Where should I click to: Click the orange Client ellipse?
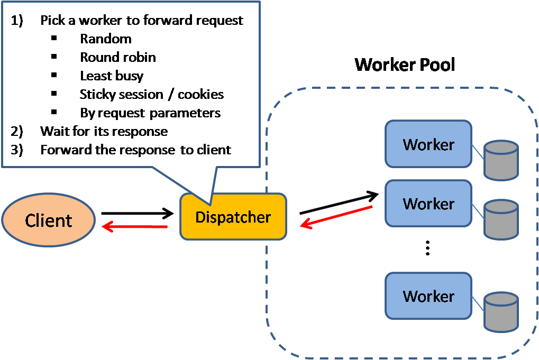point(48,220)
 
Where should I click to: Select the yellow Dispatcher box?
point(233,217)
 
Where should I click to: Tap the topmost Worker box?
point(428,144)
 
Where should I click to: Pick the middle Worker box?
point(428,204)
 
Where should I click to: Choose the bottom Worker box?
point(428,296)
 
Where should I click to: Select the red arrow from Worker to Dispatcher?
point(336,216)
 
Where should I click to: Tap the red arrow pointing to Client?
point(135,227)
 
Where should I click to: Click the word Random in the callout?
point(106,39)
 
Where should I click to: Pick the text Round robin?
point(118,57)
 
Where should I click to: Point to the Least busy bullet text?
point(112,76)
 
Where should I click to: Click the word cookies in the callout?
point(200,94)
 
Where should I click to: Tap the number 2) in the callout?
point(17,131)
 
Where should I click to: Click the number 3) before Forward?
point(17,150)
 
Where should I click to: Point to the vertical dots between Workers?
point(428,248)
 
